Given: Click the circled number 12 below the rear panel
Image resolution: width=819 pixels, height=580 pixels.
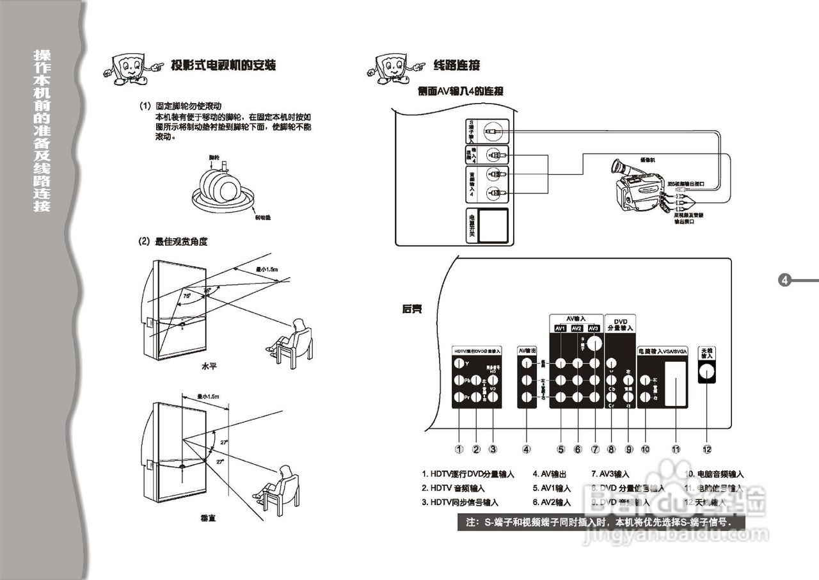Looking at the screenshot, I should (x=707, y=449).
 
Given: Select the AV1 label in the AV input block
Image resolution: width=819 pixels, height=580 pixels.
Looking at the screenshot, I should (x=561, y=329).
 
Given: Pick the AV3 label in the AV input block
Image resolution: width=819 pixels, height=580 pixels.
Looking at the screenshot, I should (x=594, y=329).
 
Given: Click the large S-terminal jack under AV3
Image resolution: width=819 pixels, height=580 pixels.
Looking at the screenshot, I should (x=594, y=343).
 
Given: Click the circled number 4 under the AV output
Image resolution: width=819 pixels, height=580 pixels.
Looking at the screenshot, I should (x=527, y=449).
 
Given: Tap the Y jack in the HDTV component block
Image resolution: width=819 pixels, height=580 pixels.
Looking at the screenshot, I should (x=459, y=364).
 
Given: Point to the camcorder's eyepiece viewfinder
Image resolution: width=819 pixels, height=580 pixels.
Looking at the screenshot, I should (x=619, y=169).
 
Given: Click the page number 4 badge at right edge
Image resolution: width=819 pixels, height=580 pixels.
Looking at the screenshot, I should (x=785, y=280).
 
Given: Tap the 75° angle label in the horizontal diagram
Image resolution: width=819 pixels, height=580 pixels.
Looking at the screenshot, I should (x=187, y=296).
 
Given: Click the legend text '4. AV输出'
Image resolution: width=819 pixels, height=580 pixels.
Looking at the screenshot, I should (x=550, y=474).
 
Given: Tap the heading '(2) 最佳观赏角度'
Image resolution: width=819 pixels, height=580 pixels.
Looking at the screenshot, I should (x=173, y=241).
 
